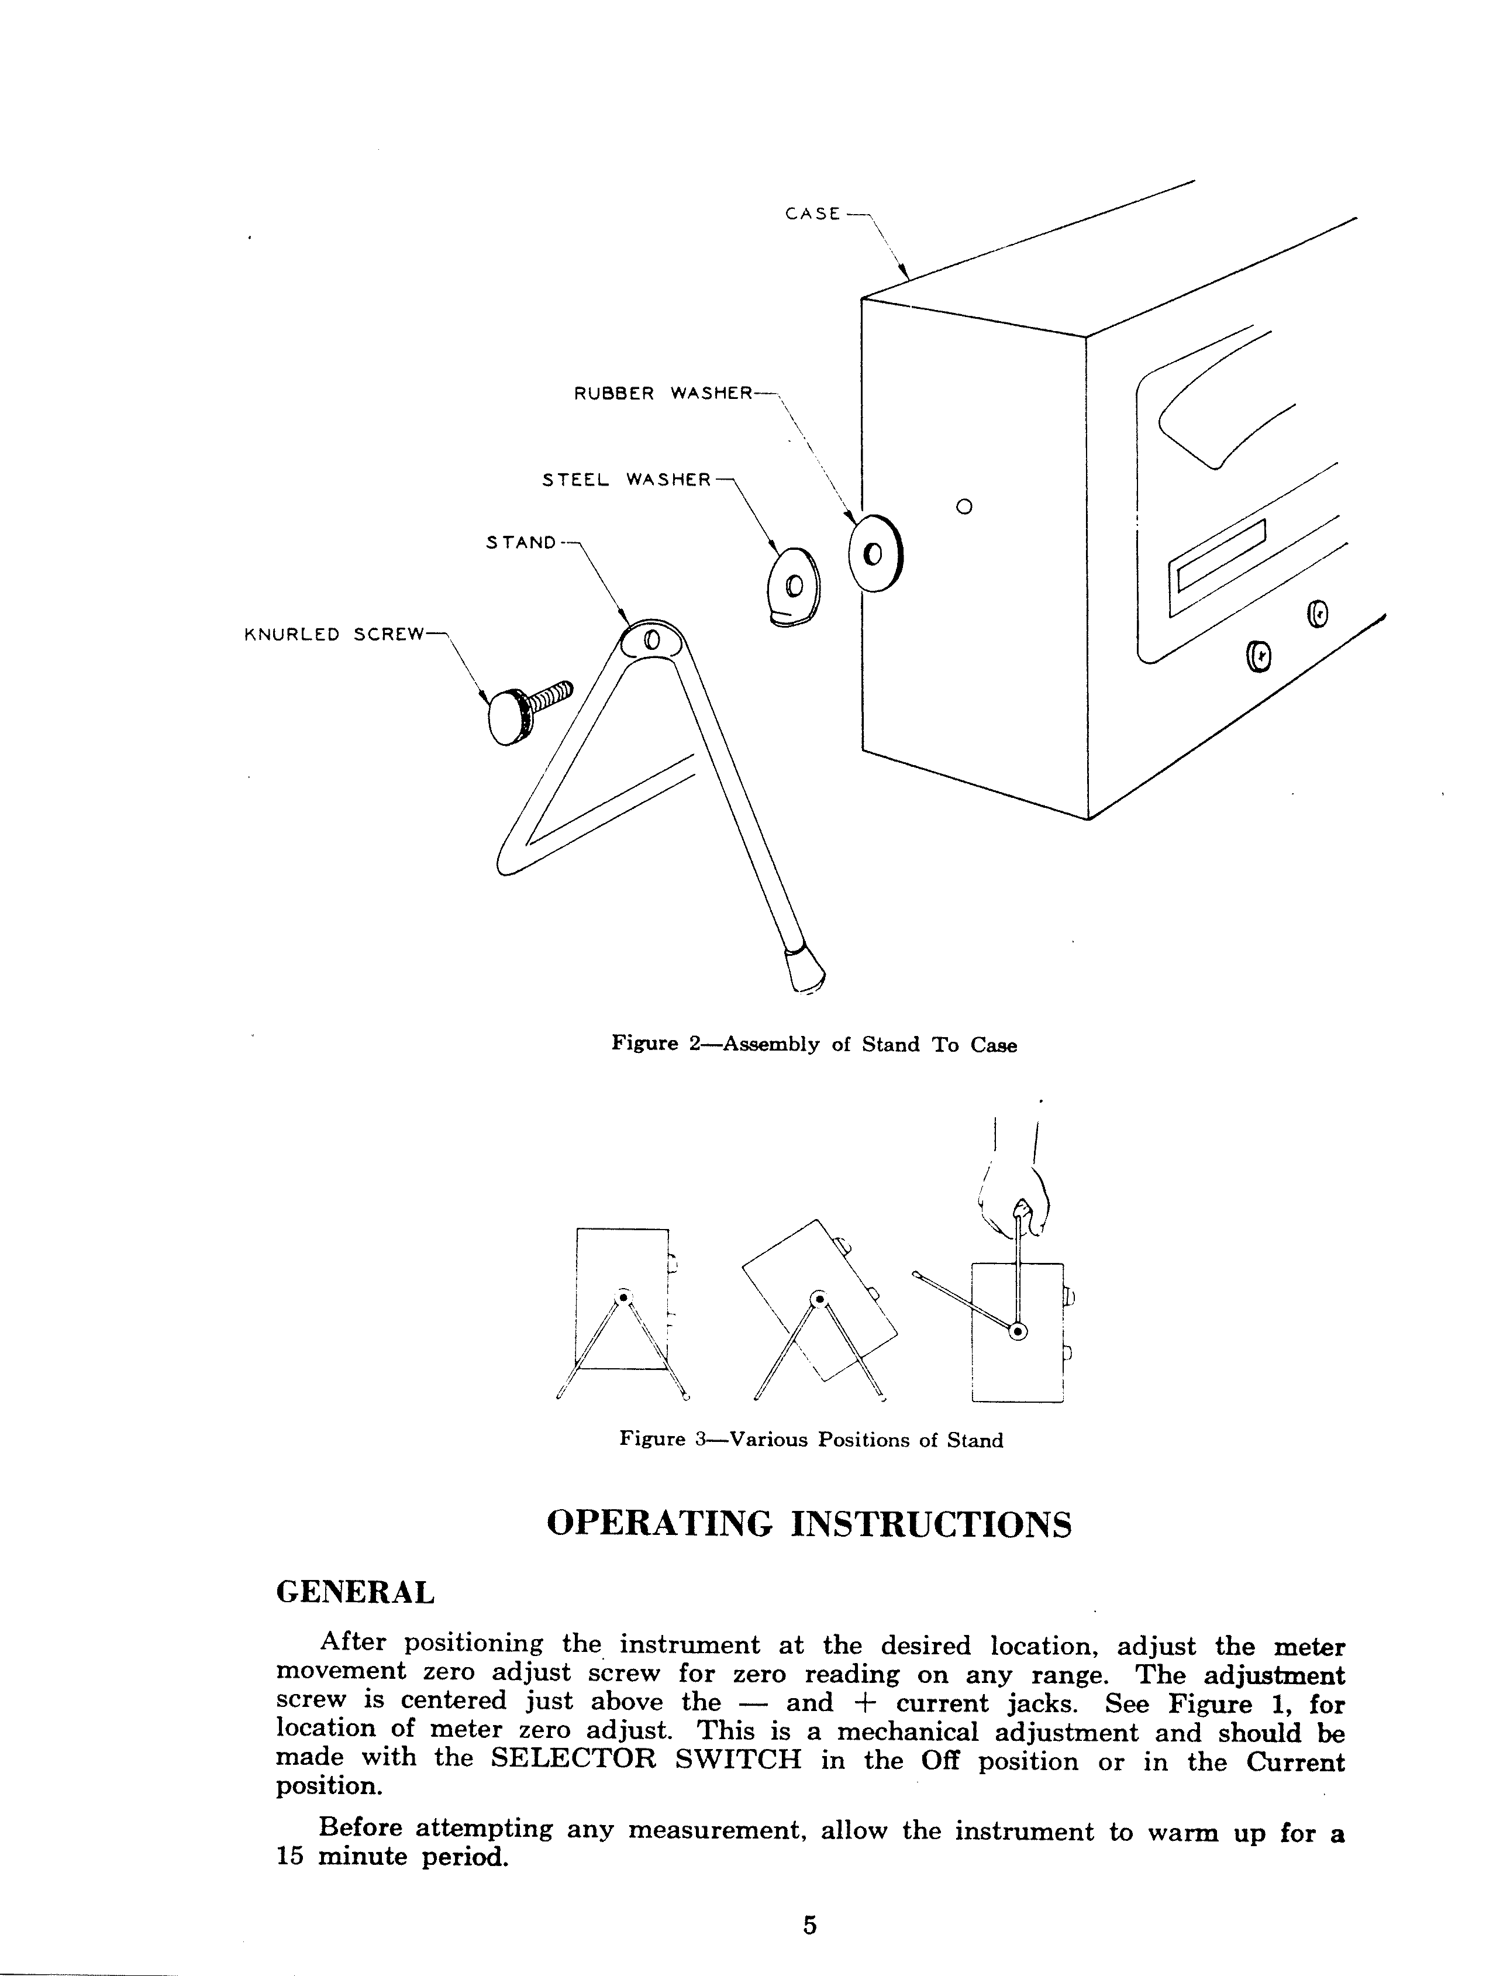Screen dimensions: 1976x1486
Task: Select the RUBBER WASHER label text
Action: [x=663, y=393]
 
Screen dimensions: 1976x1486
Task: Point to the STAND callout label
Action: [x=520, y=542]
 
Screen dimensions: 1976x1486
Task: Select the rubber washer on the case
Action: [x=875, y=554]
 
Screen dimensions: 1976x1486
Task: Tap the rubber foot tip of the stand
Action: [x=803, y=969]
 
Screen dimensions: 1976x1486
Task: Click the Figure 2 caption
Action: [x=813, y=1044]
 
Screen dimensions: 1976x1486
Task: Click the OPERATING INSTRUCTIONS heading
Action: [x=808, y=1524]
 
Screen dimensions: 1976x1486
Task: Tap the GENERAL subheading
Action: [x=356, y=1592]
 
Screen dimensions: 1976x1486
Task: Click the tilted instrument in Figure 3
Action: [x=817, y=1300]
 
